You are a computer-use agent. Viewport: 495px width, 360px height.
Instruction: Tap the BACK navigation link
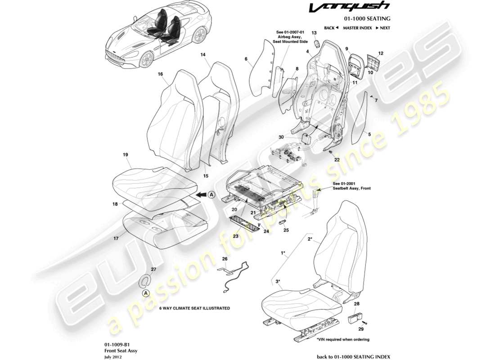pos(331,28)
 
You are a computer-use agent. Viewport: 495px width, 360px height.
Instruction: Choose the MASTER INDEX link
pos(357,28)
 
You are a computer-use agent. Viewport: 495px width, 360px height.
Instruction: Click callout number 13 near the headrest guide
pos(315,33)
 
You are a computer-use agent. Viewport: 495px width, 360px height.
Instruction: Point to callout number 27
pos(153,270)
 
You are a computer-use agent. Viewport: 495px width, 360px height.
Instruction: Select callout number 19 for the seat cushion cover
pos(126,155)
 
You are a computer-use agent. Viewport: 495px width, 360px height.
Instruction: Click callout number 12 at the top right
pos(381,54)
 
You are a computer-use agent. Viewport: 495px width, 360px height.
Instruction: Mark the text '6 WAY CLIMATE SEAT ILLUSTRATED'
pos(194,308)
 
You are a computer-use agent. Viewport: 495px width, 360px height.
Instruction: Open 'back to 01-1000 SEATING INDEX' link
pos(353,356)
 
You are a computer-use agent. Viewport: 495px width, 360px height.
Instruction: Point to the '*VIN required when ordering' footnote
pos(343,339)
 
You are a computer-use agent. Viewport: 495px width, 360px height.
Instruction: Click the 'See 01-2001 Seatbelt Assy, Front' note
pos(351,186)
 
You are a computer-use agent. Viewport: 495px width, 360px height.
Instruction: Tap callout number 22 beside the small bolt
pos(337,160)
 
